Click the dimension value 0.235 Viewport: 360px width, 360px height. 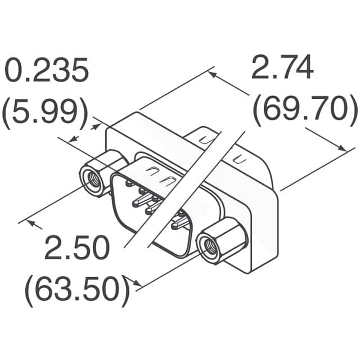click(47, 72)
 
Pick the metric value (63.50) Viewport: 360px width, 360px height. click(77, 290)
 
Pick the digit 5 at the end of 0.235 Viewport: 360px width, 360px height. click(79, 72)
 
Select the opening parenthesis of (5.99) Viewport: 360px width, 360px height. click(8, 113)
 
